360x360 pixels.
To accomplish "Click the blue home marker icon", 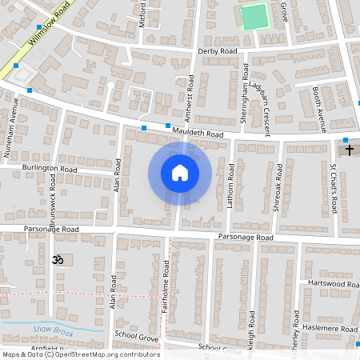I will [179, 173].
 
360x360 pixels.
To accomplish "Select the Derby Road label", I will [218, 50].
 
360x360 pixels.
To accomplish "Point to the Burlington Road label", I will [50, 170].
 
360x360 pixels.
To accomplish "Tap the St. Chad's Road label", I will [334, 189].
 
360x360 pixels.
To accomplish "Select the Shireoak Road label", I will [279, 186].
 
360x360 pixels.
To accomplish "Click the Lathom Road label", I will [230, 186].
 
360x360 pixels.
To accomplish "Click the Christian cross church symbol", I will [348, 150].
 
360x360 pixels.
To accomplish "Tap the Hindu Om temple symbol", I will [57, 260].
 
